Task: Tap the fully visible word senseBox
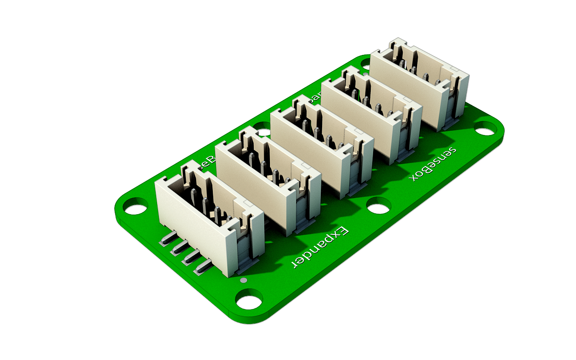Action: pos(433,164)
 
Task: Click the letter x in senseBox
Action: pos(414,176)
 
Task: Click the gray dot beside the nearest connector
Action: pos(243,280)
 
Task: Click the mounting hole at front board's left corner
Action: pos(135,209)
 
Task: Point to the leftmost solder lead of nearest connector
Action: pos(166,239)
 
